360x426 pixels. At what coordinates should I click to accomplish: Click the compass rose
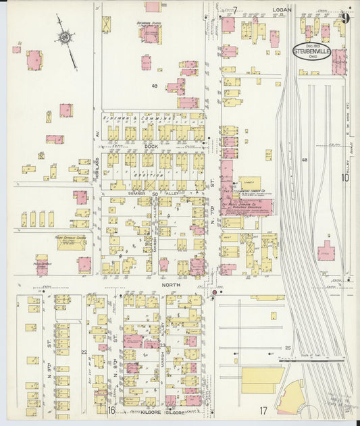click(x=66, y=38)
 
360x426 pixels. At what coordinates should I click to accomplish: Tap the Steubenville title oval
click(x=311, y=51)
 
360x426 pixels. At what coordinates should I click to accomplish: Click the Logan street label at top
click(x=282, y=10)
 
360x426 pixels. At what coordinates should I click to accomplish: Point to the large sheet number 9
click(x=345, y=18)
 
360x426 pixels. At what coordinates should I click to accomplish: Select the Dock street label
click(x=151, y=145)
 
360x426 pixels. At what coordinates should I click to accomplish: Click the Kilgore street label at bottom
click(x=140, y=410)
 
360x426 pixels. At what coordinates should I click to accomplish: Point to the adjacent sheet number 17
click(x=263, y=410)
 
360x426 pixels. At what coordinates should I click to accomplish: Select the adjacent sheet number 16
click(x=111, y=410)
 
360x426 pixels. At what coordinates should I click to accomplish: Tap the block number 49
click(x=154, y=86)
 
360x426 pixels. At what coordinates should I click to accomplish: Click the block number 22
click(x=84, y=352)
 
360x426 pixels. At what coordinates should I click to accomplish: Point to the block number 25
click(x=287, y=348)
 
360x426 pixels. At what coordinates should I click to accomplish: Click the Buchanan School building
click(x=150, y=34)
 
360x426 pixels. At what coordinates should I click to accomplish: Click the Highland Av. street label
click(x=98, y=141)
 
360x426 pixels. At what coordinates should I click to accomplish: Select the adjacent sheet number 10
click(x=345, y=178)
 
